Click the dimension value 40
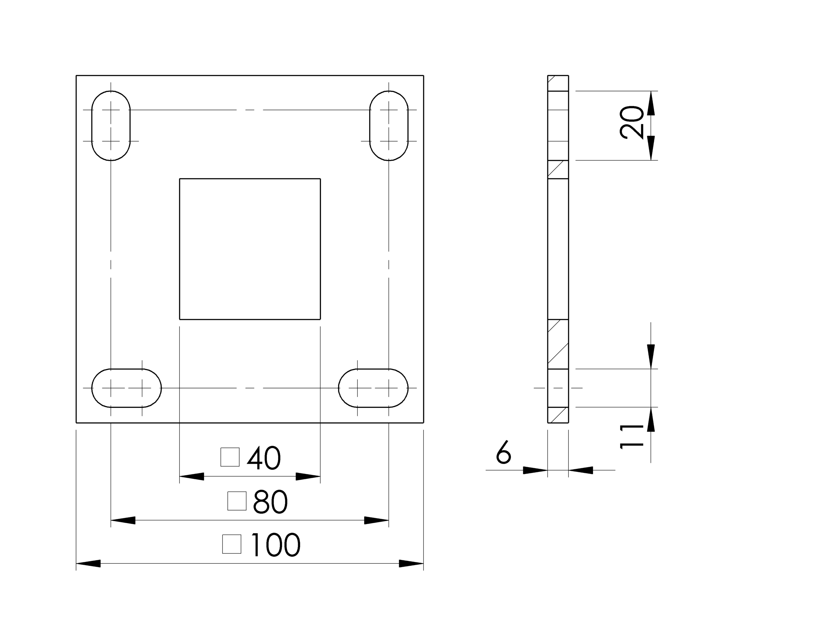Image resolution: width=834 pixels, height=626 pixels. [x=264, y=458]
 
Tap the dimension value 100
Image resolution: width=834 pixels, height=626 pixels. [x=275, y=545]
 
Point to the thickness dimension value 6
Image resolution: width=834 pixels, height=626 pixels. [x=504, y=452]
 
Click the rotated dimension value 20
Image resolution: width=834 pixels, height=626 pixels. [x=632, y=122]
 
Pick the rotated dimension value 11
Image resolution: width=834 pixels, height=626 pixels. [x=632, y=437]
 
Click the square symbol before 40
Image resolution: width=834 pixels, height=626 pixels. [x=230, y=457]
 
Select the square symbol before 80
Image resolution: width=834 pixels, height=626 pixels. [x=237, y=501]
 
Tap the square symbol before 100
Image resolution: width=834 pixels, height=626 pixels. [x=232, y=544]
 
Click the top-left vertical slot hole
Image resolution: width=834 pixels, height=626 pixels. [x=111, y=125]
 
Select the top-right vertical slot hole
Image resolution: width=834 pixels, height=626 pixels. [x=389, y=125]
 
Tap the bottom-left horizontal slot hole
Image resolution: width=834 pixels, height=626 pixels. [x=126, y=388]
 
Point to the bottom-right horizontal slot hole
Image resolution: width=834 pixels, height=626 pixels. [x=373, y=388]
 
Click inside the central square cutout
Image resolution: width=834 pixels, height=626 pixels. [x=250, y=249]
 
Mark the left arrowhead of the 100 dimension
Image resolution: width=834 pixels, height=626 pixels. [x=88, y=563]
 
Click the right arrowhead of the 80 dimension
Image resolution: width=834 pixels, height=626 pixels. [x=376, y=520]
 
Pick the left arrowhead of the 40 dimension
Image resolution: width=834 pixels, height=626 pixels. [x=192, y=477]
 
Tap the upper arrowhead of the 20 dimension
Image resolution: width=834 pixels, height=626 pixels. [x=651, y=103]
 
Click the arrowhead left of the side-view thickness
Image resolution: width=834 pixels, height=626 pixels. [x=535, y=470]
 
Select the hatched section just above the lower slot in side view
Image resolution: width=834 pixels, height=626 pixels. [x=558, y=344]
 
